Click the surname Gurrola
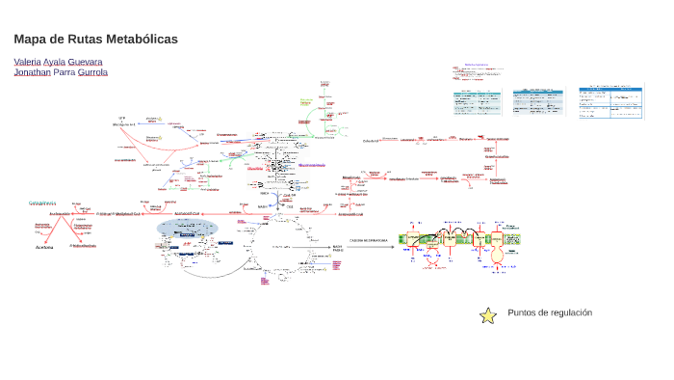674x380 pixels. (92, 72)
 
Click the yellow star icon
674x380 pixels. (488, 314)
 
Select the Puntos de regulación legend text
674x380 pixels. (550, 312)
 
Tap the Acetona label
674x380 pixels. (44, 247)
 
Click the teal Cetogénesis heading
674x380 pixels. (42, 203)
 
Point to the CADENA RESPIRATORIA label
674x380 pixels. (369, 239)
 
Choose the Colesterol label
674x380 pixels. (371, 140)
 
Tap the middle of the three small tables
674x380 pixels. (536, 100)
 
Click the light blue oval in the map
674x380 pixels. (188, 227)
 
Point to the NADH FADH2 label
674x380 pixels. (338, 248)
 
